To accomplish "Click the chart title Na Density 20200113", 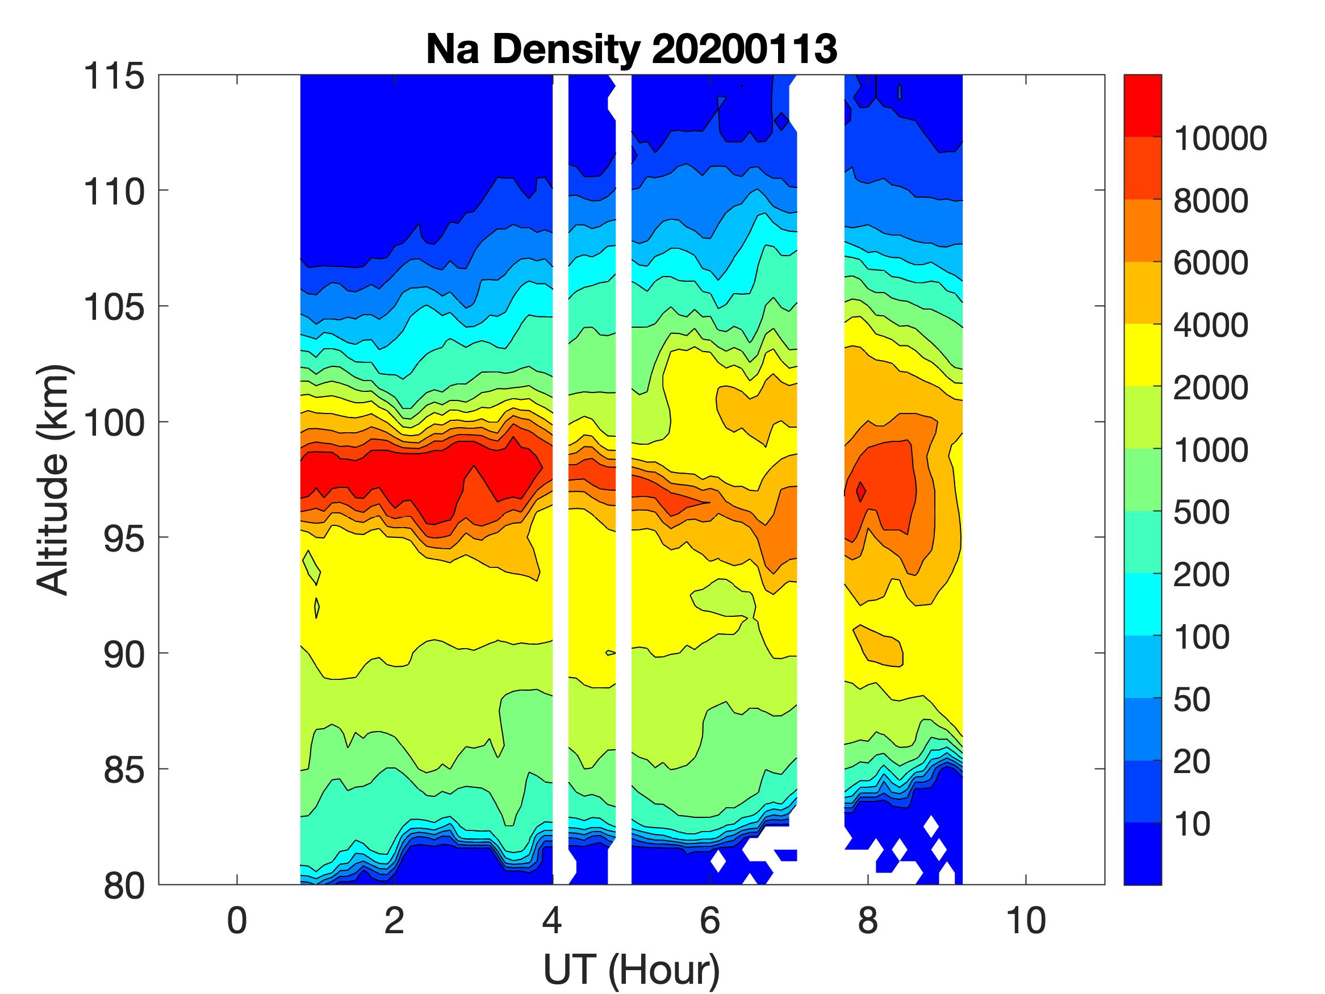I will (x=632, y=48).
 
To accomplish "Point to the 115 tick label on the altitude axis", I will (x=114, y=76).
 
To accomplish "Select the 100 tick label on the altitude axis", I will (x=114, y=423).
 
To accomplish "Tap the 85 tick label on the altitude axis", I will (x=124, y=769).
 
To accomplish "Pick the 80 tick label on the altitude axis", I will (x=124, y=885).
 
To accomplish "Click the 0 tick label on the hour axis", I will (x=237, y=920).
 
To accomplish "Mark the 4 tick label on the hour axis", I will (x=552, y=920).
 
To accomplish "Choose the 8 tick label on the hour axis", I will (x=868, y=920).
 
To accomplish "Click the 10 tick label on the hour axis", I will (x=1026, y=920).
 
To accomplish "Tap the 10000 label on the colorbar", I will (x=1220, y=139).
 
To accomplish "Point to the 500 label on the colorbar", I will (x=1201, y=512).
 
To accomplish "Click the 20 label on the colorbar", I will (x=1192, y=762).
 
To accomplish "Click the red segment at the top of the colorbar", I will (x=1142, y=106).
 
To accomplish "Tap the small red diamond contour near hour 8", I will (x=861, y=492).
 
